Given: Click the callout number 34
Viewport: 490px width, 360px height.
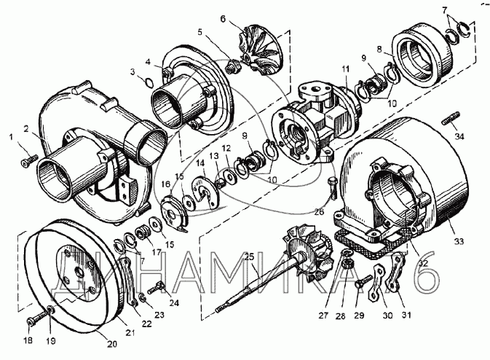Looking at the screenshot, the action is [x=459, y=136].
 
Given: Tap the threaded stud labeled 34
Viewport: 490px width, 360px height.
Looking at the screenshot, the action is [x=451, y=119].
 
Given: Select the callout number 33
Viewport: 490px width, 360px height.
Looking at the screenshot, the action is [x=459, y=240].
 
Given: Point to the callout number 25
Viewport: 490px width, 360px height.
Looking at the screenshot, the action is [x=249, y=257].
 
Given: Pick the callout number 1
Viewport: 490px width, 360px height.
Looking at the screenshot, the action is [x=12, y=137].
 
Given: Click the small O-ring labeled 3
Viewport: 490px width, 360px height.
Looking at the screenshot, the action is [x=149, y=82].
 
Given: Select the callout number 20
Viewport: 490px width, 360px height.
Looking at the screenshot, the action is [x=112, y=344].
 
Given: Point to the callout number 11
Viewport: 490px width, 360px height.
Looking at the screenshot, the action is [x=344, y=69].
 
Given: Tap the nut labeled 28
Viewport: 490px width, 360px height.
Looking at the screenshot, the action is [x=347, y=265].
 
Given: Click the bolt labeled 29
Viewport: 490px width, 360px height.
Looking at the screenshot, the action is [x=363, y=282].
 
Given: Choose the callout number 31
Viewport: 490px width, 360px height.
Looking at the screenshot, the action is [x=406, y=315].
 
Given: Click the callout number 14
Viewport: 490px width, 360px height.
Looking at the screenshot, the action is [x=201, y=163].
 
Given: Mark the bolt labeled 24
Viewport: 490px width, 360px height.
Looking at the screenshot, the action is [x=157, y=287].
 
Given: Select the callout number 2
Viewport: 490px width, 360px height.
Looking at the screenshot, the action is [x=26, y=128].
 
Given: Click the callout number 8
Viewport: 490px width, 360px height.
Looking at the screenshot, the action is [x=379, y=50].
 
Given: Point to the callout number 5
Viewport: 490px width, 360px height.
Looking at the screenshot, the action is [x=199, y=32].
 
